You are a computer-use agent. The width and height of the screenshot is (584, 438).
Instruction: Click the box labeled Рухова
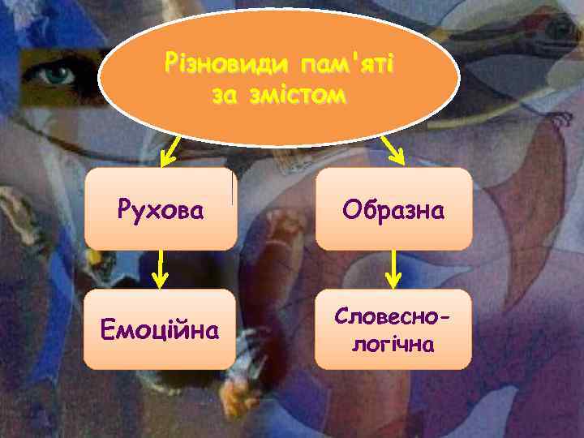pos(161,208)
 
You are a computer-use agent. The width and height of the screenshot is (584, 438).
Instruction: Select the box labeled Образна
pos(393,208)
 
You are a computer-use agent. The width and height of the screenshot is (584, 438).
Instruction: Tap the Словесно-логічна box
pos(393,329)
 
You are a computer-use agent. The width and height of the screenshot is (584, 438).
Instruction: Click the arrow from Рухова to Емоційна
pos(161,269)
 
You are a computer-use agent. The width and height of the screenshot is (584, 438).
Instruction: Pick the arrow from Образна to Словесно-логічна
pos(394,269)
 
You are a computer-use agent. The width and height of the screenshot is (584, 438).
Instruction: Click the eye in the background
pos(58,75)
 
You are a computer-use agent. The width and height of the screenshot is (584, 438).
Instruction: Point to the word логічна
pos(393,343)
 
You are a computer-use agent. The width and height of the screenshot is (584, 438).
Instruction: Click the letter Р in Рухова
pos(123,210)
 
